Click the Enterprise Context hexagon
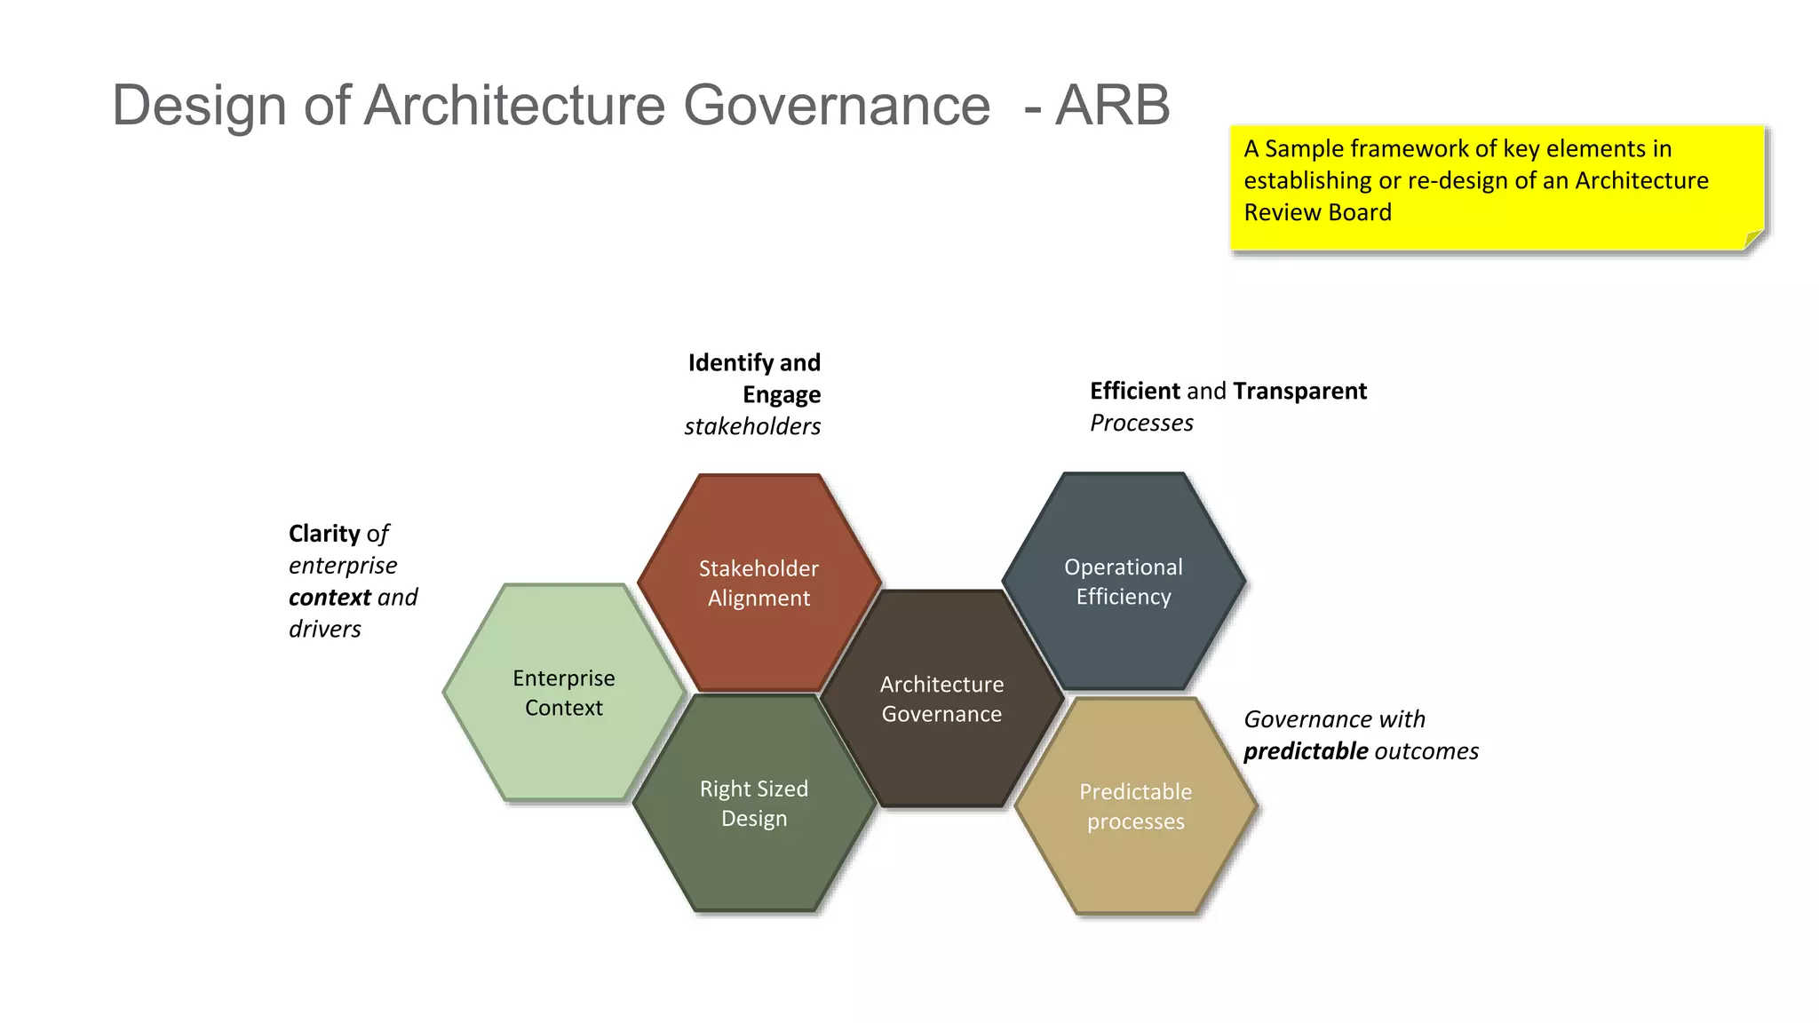563,693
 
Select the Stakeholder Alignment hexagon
759,583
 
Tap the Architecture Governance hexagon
941,699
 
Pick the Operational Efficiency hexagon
1124,581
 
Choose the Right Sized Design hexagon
754,803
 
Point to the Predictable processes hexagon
1135,806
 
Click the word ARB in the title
1112,106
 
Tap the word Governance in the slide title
836,106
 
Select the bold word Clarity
324,534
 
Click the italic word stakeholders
752,427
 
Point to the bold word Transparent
1299,392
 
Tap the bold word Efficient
1134,392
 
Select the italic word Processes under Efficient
1141,424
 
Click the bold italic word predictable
1305,752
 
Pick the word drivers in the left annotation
324,630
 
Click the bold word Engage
781,395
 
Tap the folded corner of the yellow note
1752,240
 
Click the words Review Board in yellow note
1317,213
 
